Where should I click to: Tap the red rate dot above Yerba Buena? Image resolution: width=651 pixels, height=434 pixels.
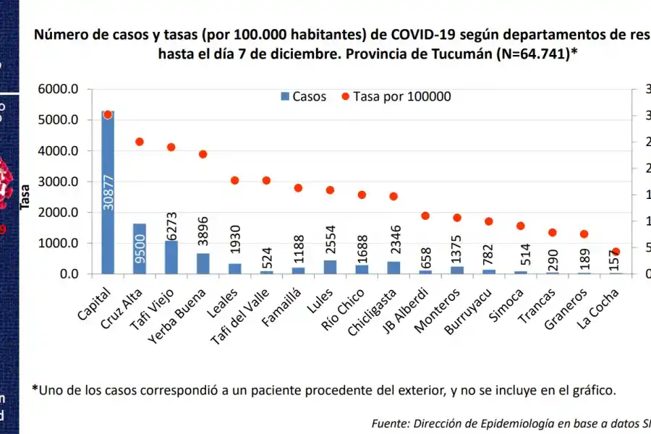(203, 154)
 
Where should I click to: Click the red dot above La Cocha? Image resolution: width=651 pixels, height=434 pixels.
(616, 252)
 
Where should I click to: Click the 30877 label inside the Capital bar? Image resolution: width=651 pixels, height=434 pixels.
(109, 192)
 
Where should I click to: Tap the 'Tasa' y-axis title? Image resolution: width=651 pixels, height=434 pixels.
(25, 196)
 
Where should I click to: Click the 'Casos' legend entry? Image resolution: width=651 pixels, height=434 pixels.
(303, 96)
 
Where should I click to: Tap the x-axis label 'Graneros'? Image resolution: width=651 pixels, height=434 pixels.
(566, 308)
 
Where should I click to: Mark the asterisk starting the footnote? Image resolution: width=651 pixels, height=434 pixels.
(35, 389)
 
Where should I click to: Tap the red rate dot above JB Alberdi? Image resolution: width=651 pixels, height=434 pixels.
(425, 216)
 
